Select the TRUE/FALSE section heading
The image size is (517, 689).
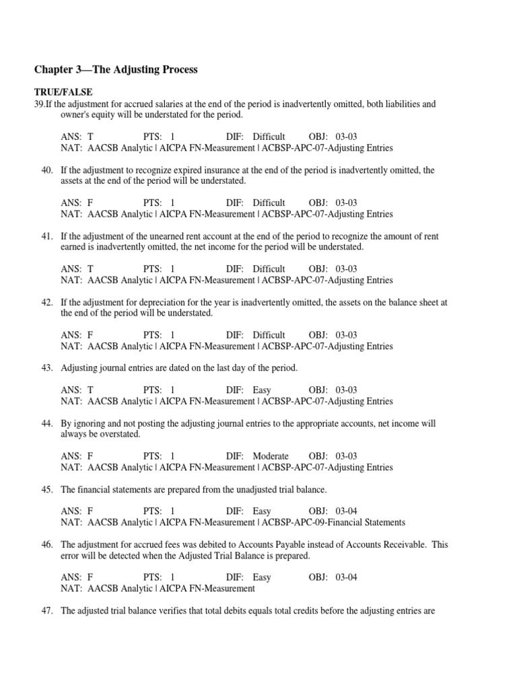pos(63,92)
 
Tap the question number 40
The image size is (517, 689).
pos(46,171)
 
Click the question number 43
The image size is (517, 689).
pos(46,368)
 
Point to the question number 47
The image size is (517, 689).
pos(46,611)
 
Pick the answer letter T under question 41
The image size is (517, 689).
pos(90,269)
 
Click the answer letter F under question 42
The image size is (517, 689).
pos(90,335)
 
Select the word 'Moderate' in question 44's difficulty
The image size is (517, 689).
pos(271,456)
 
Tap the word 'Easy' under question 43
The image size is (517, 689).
pos(262,390)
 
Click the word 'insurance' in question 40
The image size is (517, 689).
pos(211,171)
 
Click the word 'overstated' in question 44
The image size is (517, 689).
pos(118,435)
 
